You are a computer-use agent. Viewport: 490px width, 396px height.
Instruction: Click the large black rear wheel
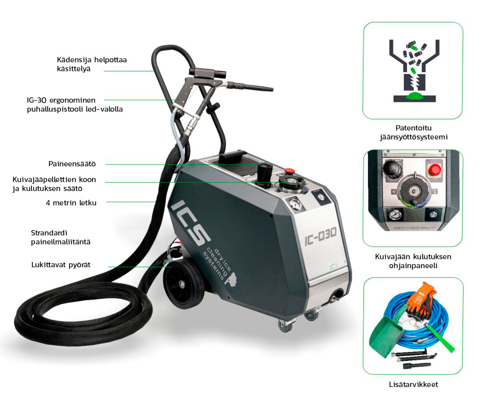[x=182, y=283]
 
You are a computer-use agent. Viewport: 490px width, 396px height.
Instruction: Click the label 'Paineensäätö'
[x=72, y=164]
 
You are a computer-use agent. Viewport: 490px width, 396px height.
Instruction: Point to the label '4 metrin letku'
[x=71, y=203]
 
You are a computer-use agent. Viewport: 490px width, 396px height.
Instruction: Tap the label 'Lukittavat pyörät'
[x=61, y=265]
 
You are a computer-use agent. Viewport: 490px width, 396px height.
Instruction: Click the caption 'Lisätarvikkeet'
[x=413, y=384]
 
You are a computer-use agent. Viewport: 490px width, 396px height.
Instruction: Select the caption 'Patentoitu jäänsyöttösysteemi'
[x=413, y=132]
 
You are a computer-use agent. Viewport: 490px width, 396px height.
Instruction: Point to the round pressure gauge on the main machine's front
[x=295, y=205]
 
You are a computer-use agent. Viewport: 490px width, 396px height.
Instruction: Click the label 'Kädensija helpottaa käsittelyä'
[x=92, y=64]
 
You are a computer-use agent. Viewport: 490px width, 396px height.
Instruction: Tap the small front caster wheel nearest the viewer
[x=285, y=326]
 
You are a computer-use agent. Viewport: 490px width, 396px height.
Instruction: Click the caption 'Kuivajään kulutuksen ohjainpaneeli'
[x=413, y=261]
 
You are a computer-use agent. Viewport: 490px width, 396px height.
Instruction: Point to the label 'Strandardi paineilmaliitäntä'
[x=61, y=237]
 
